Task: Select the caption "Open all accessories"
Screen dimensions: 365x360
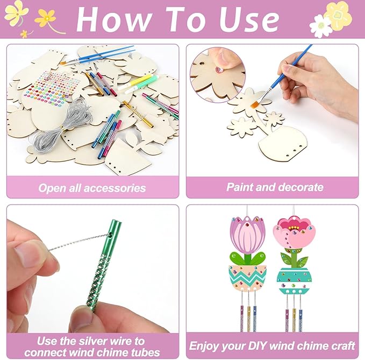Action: (x=92, y=188)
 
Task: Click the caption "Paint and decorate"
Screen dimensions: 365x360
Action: (x=275, y=187)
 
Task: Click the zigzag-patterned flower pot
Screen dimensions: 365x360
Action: (x=247, y=278)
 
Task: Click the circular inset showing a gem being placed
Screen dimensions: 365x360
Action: (x=218, y=75)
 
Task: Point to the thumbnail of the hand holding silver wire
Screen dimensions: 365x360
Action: (x=92, y=269)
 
